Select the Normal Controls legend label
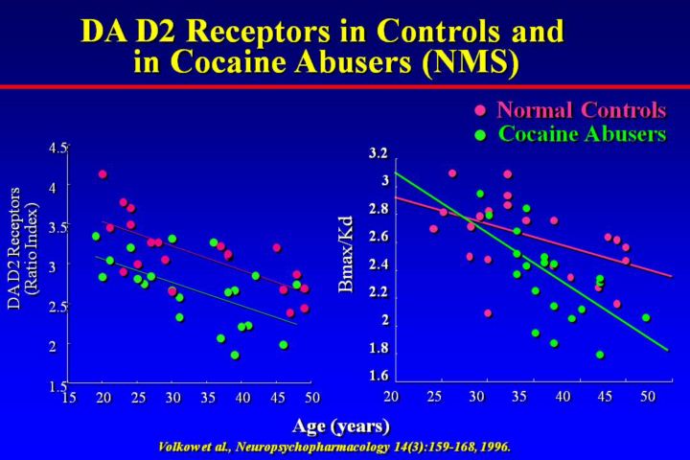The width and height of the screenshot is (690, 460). (x=581, y=109)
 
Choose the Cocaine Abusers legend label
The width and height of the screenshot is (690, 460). (x=581, y=134)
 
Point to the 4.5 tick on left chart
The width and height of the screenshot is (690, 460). (x=58, y=149)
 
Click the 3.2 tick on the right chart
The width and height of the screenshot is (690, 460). (x=378, y=153)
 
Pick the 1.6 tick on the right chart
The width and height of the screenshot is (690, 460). (x=378, y=376)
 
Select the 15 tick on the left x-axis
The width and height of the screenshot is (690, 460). (x=69, y=397)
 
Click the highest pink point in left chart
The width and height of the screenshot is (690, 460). (x=103, y=174)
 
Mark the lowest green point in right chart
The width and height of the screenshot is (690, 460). (x=600, y=355)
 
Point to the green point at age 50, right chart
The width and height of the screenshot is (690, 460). (x=646, y=317)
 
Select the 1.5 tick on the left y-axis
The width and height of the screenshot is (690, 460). (x=58, y=385)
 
